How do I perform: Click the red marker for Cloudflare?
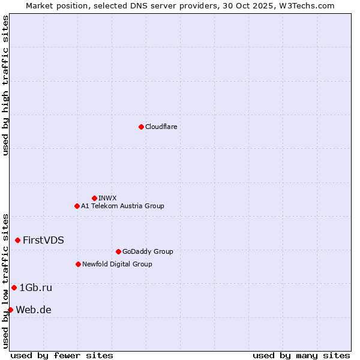click(141, 127)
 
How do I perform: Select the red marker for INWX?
click(94, 198)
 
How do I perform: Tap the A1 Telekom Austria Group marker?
click(77, 206)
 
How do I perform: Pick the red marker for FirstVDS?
click(17, 240)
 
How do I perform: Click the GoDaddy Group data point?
click(118, 251)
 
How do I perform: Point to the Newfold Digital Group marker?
click(78, 264)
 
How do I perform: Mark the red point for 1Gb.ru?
click(14, 287)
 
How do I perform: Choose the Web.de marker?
click(10, 310)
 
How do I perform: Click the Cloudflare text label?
click(161, 127)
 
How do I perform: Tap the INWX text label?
click(107, 198)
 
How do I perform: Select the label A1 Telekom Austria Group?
click(122, 206)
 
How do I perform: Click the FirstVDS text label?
click(43, 240)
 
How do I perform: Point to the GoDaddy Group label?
click(148, 251)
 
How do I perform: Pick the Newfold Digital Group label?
click(117, 264)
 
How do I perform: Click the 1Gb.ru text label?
click(36, 287)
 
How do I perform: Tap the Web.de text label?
click(34, 310)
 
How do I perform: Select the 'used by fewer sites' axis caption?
click(62, 355)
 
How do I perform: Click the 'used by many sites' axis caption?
click(301, 355)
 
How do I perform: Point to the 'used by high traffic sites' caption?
click(5, 85)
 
